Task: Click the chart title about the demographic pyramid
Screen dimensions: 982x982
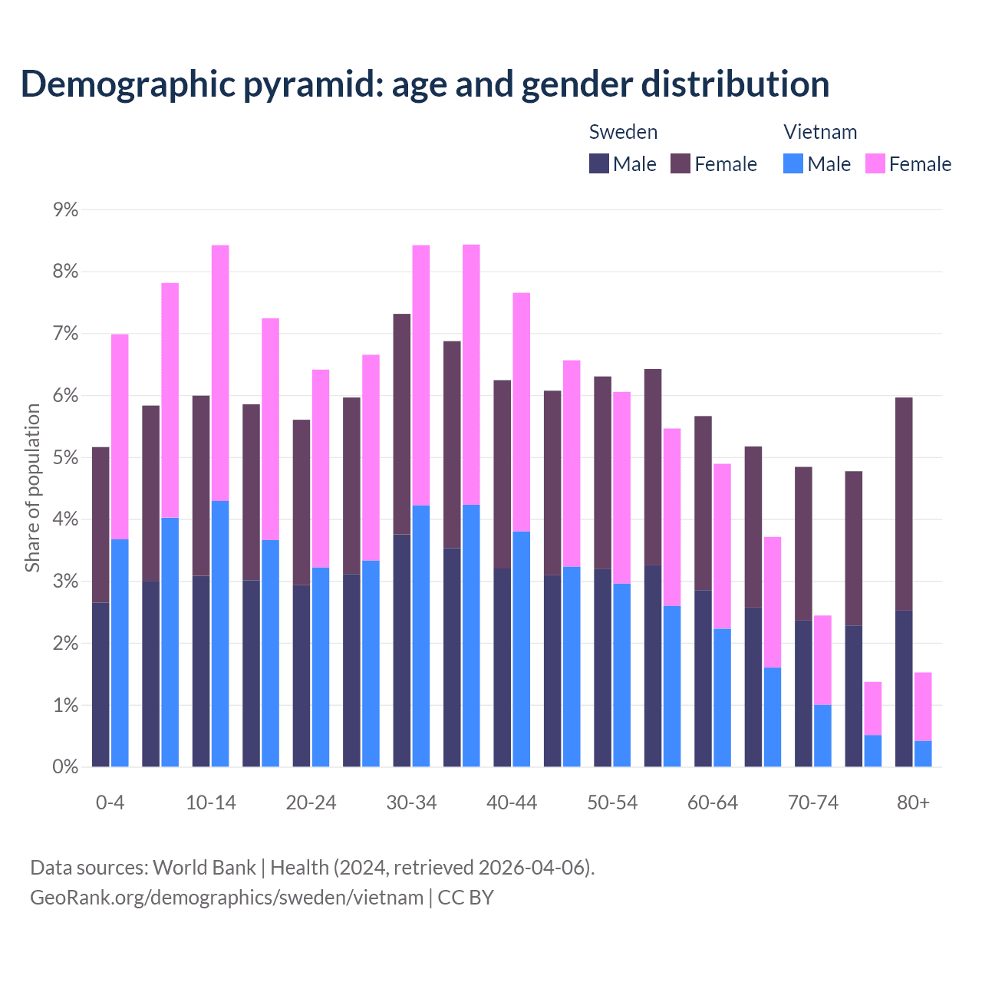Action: [425, 84]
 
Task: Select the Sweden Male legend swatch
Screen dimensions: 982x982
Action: [599, 163]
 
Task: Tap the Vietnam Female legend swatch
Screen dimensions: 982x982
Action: [875, 163]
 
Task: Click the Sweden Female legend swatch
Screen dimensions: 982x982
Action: [680, 163]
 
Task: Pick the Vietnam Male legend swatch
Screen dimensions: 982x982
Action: [793, 163]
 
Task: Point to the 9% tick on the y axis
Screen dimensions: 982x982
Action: [66, 209]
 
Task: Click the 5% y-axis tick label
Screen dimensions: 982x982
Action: [66, 458]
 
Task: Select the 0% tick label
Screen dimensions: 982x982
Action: [66, 767]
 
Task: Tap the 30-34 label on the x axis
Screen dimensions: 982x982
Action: [411, 802]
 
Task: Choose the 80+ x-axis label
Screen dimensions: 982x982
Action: [913, 802]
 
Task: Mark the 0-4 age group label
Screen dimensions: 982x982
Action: [110, 802]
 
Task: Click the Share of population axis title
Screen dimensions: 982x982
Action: [33, 488]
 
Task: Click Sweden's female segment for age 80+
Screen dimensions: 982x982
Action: [904, 503]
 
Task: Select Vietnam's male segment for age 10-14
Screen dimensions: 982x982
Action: [220, 634]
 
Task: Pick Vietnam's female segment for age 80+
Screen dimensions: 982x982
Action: [923, 707]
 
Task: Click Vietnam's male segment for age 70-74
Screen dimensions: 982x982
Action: [822, 736]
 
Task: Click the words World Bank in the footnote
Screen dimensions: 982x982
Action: [204, 868]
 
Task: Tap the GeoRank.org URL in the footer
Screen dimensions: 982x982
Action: [226, 898]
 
